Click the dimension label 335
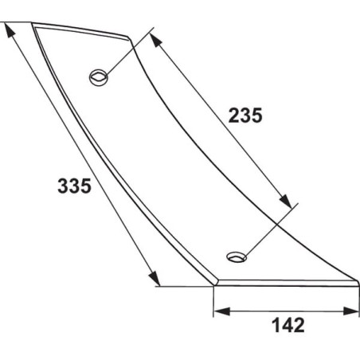click(74, 186)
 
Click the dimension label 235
click(245, 115)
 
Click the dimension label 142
click(288, 325)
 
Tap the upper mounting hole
click(99, 77)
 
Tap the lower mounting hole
click(237, 257)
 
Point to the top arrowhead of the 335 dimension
click(10, 30)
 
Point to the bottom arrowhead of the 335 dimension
click(154, 278)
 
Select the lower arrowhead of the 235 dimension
click(285, 201)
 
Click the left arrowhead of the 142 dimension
click(221, 311)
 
